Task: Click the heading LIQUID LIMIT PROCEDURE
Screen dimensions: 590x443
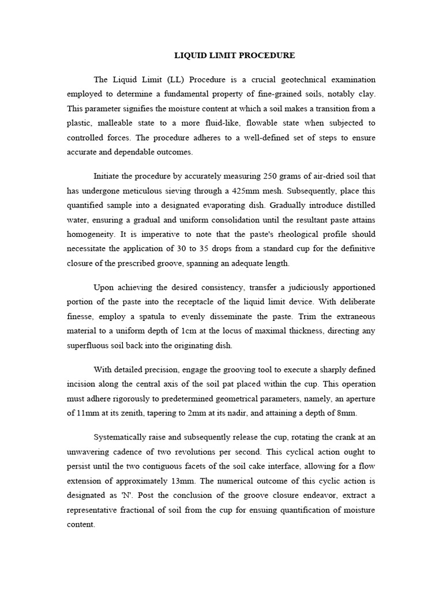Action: coord(234,55)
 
